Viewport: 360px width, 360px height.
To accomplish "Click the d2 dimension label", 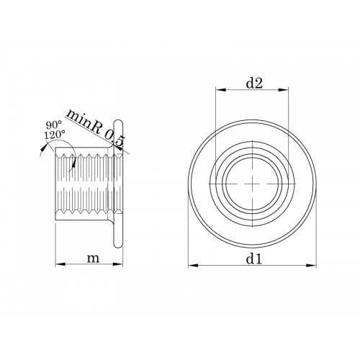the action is tap(255, 84).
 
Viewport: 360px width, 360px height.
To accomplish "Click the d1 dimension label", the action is tap(253, 259).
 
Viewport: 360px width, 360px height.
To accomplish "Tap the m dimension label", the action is tap(93, 258).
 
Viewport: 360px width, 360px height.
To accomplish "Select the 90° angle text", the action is tap(54, 125).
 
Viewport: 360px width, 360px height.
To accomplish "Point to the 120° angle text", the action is tap(54, 135).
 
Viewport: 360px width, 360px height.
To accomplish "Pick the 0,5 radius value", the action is tap(115, 140).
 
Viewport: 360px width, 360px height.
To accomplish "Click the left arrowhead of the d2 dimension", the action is tap(221, 90).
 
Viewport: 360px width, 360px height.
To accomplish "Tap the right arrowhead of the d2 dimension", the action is tap(283, 90).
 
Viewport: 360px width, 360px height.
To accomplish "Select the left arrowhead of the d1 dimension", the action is tap(194, 265).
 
